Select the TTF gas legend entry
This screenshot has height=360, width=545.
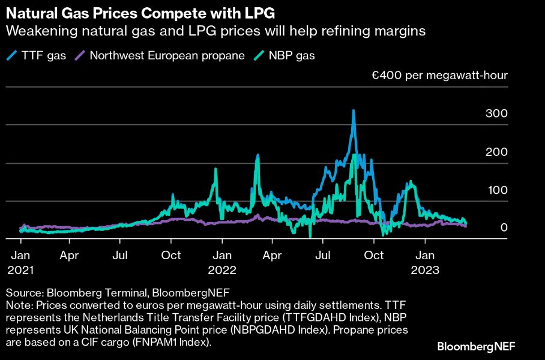(x=37, y=56)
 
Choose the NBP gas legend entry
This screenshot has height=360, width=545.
(x=286, y=56)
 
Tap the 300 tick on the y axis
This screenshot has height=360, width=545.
(x=499, y=114)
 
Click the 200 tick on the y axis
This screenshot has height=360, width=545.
(x=499, y=152)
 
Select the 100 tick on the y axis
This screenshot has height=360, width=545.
(x=499, y=190)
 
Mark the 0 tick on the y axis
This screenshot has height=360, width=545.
(x=504, y=228)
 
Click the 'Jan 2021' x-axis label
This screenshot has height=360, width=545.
(x=20, y=263)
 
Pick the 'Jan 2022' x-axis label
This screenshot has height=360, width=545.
(x=223, y=263)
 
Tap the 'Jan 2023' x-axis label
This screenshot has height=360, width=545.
(x=425, y=263)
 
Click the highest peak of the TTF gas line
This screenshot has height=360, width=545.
(x=354, y=110)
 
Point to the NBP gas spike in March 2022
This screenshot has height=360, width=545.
(x=257, y=155)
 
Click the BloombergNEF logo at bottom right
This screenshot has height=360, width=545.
(x=476, y=346)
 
